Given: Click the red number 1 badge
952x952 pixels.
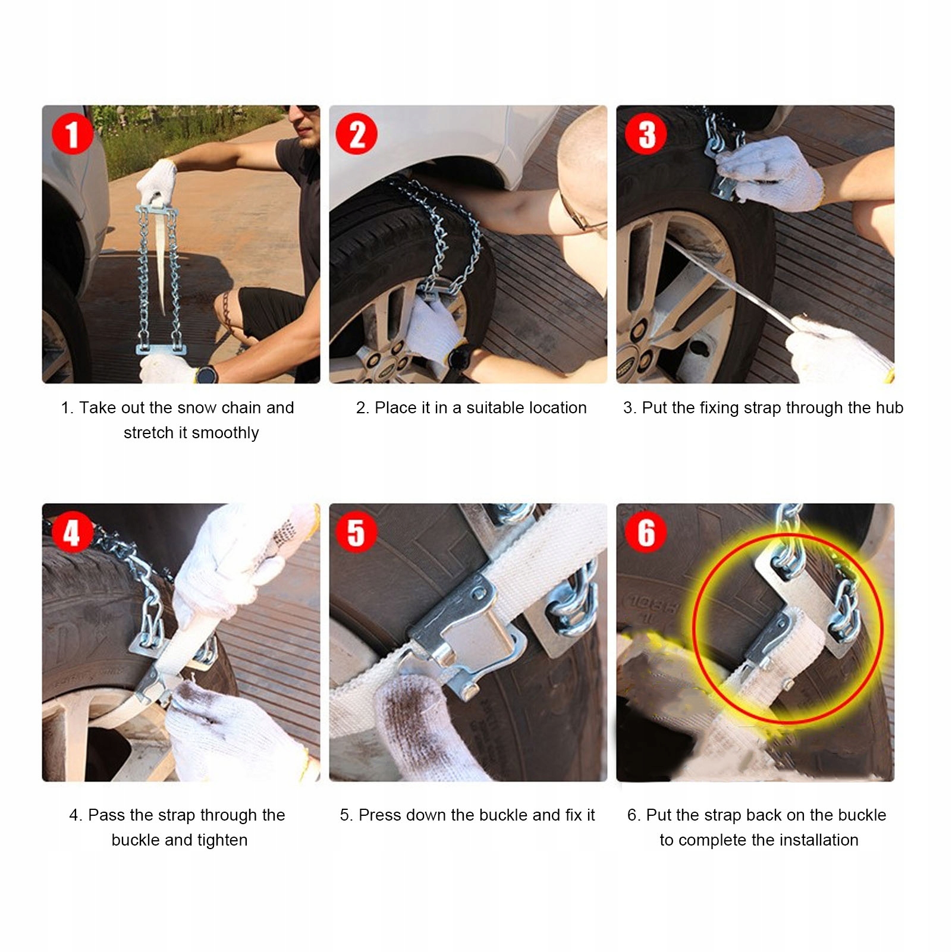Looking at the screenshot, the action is (73, 134).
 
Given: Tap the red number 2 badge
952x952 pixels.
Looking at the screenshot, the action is (357, 134).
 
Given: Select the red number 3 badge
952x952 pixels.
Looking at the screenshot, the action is (646, 134).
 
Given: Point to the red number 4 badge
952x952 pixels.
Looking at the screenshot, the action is (73, 532).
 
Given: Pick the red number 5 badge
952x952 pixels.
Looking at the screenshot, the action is (357, 532).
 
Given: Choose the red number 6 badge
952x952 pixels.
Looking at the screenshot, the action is (646, 532).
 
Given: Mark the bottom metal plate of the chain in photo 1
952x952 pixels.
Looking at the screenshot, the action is (161, 349).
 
